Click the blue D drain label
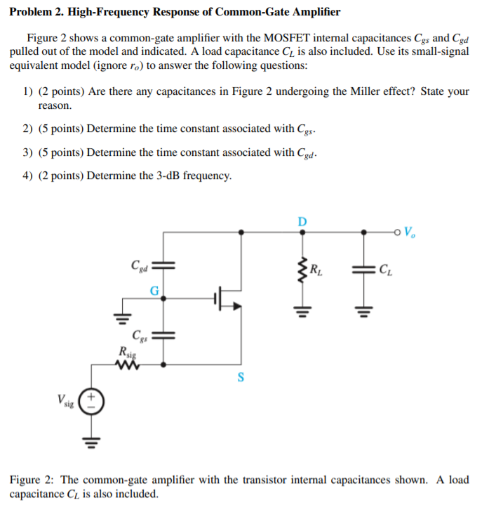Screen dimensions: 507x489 (x=302, y=221)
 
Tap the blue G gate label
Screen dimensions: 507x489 (x=154, y=290)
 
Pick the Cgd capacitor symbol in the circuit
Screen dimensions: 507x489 (x=163, y=265)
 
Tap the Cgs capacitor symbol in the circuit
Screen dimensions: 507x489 (x=163, y=334)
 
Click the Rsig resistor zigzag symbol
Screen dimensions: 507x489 (x=128, y=364)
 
